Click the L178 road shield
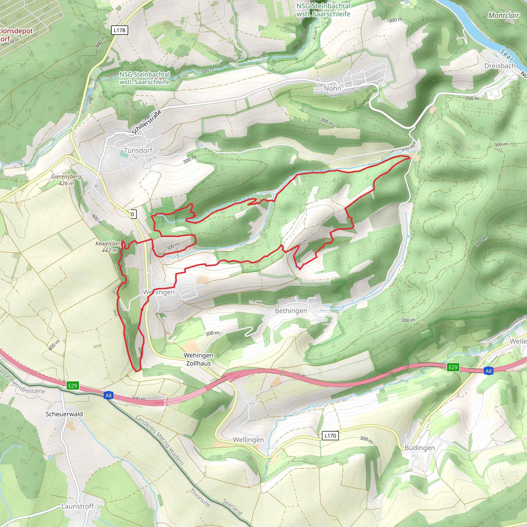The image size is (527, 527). [x=119, y=30]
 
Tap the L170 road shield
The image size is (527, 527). [x=330, y=436]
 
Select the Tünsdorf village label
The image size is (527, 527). [x=138, y=151]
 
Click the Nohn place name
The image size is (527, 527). [x=332, y=88]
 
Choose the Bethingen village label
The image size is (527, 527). [x=291, y=311]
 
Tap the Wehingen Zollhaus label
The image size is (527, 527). [x=198, y=359]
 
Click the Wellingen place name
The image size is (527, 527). [x=248, y=440]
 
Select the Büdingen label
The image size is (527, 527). [x=419, y=448]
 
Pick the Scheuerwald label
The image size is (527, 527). [x=64, y=414]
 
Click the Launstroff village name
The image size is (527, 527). [x=78, y=506]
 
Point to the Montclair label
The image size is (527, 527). [x=504, y=15]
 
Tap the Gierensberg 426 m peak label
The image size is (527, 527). [x=66, y=180]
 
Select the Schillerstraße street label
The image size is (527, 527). [x=146, y=122]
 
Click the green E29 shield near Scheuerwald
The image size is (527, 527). [x=73, y=386]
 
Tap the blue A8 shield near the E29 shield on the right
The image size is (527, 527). [x=489, y=371]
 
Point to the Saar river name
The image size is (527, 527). [x=507, y=55]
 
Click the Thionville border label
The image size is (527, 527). [x=200, y=498]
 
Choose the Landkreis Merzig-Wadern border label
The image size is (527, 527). [x=160, y=440]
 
